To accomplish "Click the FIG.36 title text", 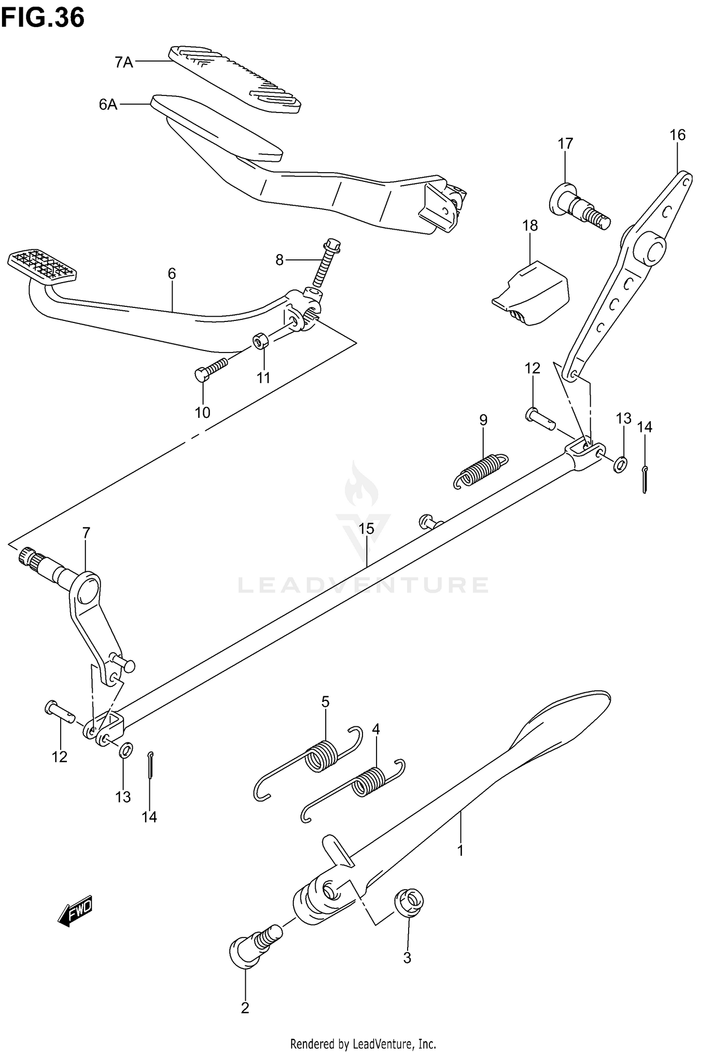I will click(x=43, y=18).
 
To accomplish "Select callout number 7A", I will click(x=124, y=63).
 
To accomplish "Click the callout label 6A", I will click(x=109, y=104).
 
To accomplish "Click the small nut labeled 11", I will click(x=261, y=341).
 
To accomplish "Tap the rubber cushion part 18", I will click(x=531, y=294).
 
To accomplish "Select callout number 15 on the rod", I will click(x=366, y=529).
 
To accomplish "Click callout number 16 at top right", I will click(x=678, y=135).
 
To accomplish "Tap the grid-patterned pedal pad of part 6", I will click(x=42, y=264).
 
